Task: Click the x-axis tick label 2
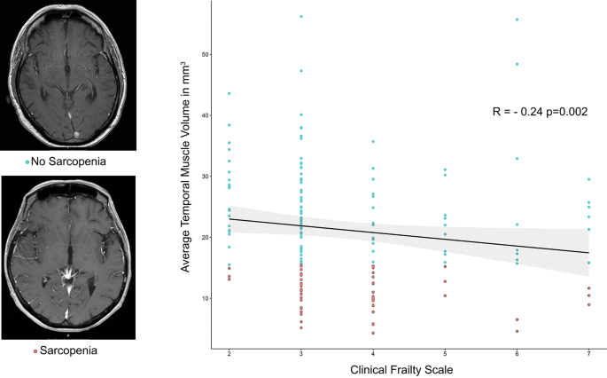229,353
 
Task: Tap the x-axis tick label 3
300,353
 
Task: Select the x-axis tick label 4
372,353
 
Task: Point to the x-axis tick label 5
445,353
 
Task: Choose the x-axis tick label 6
517,353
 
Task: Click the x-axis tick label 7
588,353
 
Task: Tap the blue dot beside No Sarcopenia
28,161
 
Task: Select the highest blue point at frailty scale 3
301,17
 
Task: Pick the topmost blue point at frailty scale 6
517,20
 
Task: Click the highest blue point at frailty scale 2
229,93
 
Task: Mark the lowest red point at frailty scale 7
588,304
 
